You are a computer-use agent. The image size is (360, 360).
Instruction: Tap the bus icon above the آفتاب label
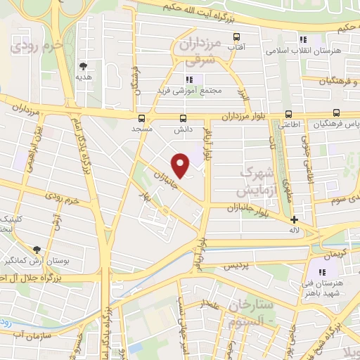click(x=236, y=37)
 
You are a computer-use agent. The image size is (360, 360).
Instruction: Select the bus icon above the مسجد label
click(x=142, y=118)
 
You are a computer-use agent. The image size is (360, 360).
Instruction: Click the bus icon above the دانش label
click(x=184, y=118)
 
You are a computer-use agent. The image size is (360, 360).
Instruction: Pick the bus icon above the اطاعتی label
click(x=288, y=114)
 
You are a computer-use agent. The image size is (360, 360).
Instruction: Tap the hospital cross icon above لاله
click(x=295, y=219)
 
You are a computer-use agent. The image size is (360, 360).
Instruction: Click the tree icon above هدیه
click(x=84, y=65)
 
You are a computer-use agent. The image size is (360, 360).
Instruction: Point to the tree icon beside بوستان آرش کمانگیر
click(x=37, y=250)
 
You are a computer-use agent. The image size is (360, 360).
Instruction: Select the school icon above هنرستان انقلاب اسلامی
click(x=304, y=40)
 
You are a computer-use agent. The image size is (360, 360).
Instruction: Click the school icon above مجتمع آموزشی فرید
click(x=188, y=79)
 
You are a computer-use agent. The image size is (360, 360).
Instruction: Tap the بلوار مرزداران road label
click(x=245, y=117)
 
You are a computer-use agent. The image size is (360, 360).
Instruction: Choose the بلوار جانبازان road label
click(x=256, y=207)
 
